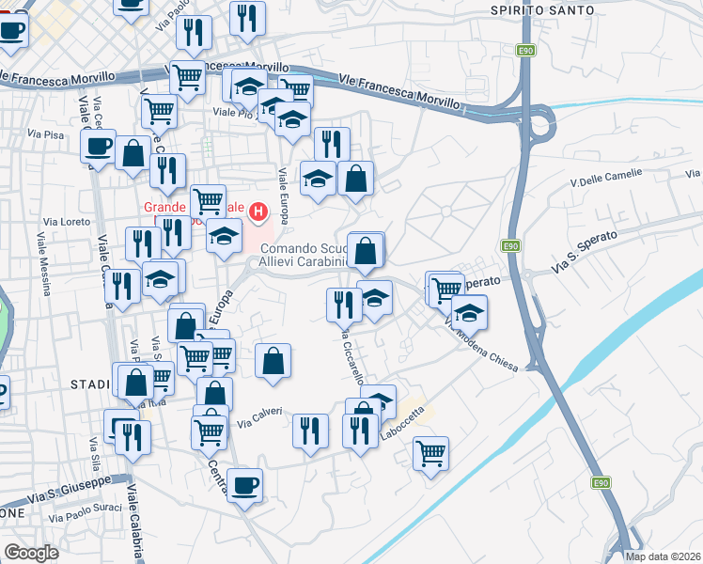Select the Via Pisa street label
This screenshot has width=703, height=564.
(x=46, y=135)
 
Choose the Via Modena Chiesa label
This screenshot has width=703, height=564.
(x=480, y=345)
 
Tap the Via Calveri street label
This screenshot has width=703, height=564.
(x=258, y=415)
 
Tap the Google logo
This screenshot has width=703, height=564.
(x=31, y=553)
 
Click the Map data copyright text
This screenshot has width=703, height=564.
(x=663, y=556)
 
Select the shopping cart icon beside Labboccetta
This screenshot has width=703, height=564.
(x=430, y=453)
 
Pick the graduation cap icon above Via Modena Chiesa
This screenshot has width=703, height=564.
(x=468, y=311)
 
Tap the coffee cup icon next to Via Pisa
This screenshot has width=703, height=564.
(x=99, y=146)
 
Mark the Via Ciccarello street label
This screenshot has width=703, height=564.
(x=351, y=357)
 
